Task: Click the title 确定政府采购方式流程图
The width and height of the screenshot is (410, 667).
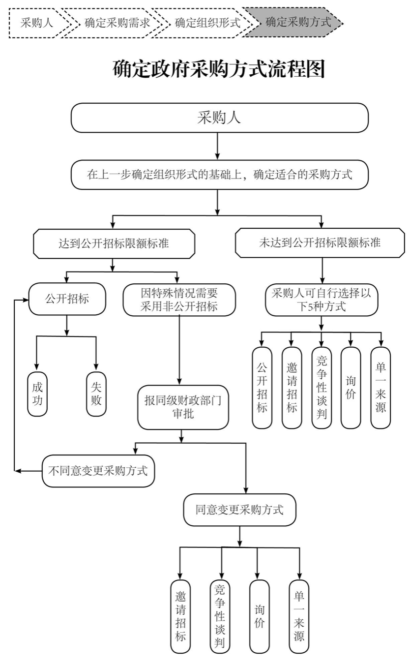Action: [x=219, y=69]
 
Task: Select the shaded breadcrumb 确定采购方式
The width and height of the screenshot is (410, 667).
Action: [x=298, y=22]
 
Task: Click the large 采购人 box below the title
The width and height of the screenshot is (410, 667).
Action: [x=219, y=118]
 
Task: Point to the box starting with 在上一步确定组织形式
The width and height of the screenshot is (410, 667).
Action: [x=219, y=175]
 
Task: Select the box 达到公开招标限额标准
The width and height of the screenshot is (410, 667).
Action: [x=114, y=243]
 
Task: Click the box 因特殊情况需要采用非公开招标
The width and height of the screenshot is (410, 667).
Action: [x=179, y=300]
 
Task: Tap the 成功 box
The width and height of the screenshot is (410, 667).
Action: [x=37, y=393]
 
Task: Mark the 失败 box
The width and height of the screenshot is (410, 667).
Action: [x=96, y=393]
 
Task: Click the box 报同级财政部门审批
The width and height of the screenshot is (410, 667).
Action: [x=183, y=407]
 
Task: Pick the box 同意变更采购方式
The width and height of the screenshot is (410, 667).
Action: [x=239, y=510]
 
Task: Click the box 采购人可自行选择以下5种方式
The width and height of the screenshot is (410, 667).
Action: [x=322, y=300]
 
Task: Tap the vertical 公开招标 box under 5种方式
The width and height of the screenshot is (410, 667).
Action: [x=262, y=388]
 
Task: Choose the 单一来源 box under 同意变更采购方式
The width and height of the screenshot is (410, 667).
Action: [x=299, y=616]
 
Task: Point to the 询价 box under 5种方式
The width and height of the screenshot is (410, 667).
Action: [x=351, y=388]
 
